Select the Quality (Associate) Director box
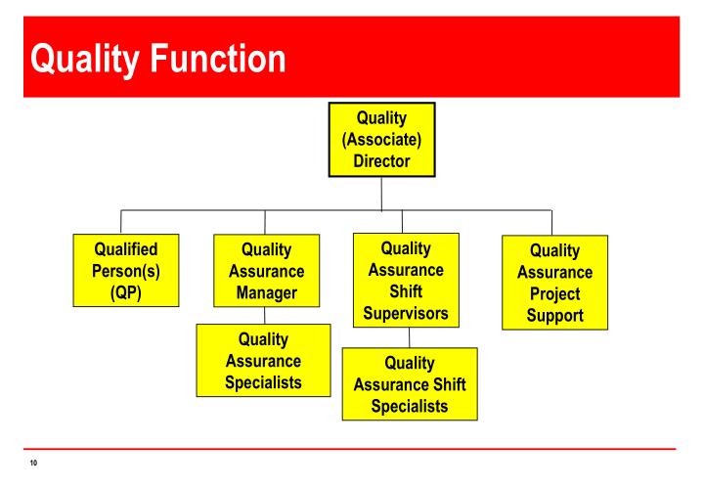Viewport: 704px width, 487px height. tap(381, 140)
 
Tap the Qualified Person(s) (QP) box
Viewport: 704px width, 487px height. tap(125, 270)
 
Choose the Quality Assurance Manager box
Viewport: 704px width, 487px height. tap(266, 271)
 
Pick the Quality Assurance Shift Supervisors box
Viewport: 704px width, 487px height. tap(406, 281)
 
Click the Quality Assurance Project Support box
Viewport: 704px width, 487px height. tap(554, 283)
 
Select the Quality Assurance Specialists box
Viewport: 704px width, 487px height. tap(263, 361)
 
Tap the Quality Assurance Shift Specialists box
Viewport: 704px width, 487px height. tap(410, 384)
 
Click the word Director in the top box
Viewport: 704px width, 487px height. tap(381, 161)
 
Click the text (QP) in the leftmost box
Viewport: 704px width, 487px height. tap(125, 291)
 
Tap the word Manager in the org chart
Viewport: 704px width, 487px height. tap(266, 293)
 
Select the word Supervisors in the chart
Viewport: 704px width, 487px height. tap(406, 314)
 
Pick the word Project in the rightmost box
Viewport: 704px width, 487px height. tap(554, 293)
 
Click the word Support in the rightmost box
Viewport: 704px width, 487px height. tap(554, 315)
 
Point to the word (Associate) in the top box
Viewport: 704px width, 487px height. tap(381, 140)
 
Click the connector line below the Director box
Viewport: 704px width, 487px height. tap(381, 194)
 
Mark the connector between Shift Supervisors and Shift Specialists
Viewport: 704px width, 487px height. tap(408, 338)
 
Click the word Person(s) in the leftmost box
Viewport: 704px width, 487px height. tap(125, 271)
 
